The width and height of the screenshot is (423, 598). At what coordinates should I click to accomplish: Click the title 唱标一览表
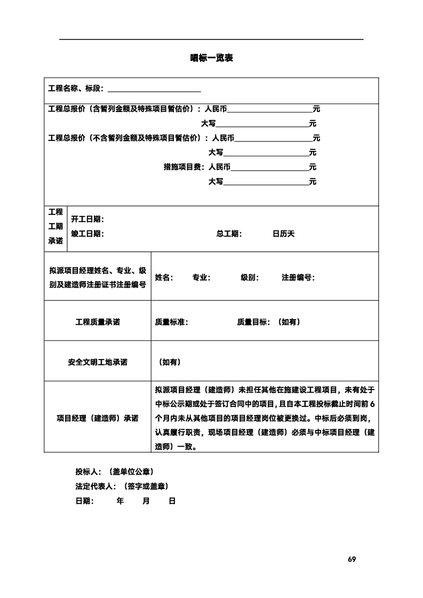click(211, 58)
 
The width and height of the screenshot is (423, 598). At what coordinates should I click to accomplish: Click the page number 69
click(352, 559)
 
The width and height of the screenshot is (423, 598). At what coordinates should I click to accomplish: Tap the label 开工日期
click(87, 219)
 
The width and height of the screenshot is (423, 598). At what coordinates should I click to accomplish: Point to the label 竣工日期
click(87, 234)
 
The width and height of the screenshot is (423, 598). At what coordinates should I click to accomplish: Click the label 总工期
click(229, 234)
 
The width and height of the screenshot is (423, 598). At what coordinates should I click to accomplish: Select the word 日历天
click(283, 234)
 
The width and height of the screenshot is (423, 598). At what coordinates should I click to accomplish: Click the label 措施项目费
click(182, 167)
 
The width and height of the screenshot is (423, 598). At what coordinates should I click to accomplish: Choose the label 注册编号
click(297, 277)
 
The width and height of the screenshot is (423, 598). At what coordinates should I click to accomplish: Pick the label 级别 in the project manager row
click(250, 277)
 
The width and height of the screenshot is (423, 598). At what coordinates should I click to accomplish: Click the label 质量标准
click(171, 322)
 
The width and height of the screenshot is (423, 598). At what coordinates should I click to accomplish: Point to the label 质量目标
click(253, 322)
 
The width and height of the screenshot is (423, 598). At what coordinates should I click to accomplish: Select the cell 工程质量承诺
click(98, 322)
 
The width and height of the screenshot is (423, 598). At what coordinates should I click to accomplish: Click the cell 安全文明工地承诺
click(98, 362)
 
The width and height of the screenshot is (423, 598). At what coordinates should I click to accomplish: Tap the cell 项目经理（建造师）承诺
click(98, 418)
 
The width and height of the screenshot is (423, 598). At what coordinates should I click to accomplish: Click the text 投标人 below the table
click(89, 472)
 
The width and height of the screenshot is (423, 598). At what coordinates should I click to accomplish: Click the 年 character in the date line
click(120, 501)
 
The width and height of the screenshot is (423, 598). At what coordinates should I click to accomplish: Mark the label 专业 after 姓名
click(201, 277)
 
